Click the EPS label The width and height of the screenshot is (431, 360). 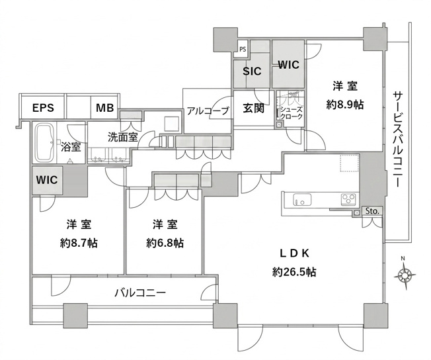(43, 108)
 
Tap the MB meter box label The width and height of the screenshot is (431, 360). (104, 108)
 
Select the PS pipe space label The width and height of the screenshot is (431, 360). (243, 50)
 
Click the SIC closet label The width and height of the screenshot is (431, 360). (252, 71)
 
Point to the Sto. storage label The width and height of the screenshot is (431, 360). (372, 211)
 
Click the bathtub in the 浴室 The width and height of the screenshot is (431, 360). (45, 143)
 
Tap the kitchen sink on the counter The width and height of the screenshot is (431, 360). (302, 200)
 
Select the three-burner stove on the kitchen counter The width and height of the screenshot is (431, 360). (348, 200)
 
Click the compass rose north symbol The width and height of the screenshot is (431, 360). (405, 273)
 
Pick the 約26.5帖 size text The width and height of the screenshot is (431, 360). (294, 272)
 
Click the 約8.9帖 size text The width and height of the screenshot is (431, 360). (345, 105)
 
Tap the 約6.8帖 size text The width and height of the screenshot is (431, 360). (165, 243)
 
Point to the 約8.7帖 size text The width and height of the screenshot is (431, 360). (79, 243)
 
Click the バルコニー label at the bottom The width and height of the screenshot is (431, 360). (140, 293)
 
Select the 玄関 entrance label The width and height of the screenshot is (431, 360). (253, 108)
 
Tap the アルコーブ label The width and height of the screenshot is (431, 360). (208, 111)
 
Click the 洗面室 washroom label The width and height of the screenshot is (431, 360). (122, 137)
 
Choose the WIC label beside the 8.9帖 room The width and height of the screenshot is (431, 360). (288, 65)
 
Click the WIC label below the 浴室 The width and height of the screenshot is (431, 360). (47, 180)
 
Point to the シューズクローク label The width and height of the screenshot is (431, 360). (292, 113)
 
